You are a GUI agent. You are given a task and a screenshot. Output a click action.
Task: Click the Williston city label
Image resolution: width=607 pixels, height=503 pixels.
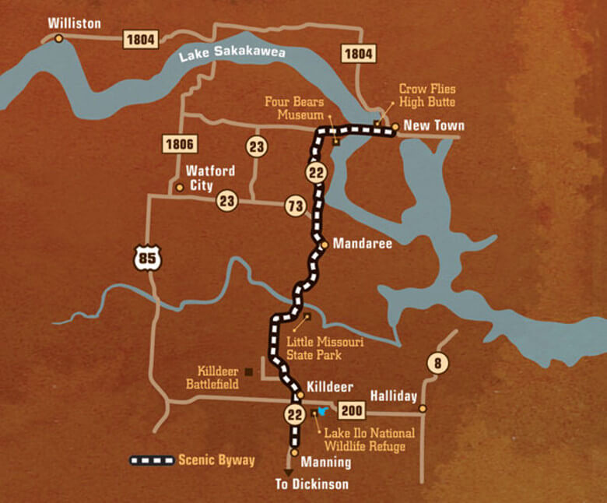(75, 23)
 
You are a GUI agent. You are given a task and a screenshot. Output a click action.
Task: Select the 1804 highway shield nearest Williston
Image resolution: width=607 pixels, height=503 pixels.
(140, 40)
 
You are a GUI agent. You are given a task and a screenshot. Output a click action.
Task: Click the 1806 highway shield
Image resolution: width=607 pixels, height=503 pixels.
(180, 144)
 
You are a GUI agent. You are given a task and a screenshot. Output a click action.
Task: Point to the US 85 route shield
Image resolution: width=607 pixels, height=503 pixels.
(147, 258)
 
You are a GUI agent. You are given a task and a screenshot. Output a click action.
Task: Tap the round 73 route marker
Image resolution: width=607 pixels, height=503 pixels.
(294, 206)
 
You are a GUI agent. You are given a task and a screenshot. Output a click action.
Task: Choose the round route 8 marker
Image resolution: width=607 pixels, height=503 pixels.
(437, 364)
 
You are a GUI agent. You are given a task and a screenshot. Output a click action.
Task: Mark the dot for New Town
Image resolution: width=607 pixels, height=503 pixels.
(395, 126)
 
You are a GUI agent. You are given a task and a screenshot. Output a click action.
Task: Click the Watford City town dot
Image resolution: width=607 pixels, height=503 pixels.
(180, 187)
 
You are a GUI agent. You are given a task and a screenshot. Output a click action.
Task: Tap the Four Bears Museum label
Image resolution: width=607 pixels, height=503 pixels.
(294, 108)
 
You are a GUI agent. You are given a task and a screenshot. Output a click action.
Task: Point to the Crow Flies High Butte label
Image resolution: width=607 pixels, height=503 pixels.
(427, 96)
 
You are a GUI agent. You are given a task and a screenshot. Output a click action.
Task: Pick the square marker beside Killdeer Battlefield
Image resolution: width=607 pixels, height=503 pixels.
(248, 371)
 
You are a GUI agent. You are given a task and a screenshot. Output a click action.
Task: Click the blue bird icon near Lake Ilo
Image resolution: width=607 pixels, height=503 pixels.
(321, 411)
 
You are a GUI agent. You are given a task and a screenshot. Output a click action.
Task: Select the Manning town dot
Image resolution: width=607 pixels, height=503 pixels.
(294, 452)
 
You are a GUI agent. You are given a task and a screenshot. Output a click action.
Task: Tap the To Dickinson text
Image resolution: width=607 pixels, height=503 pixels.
(312, 484)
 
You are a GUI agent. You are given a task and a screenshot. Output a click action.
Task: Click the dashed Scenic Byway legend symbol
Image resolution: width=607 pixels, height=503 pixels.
(152, 460)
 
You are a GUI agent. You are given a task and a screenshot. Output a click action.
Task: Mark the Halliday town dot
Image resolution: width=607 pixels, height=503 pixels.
(423, 408)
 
